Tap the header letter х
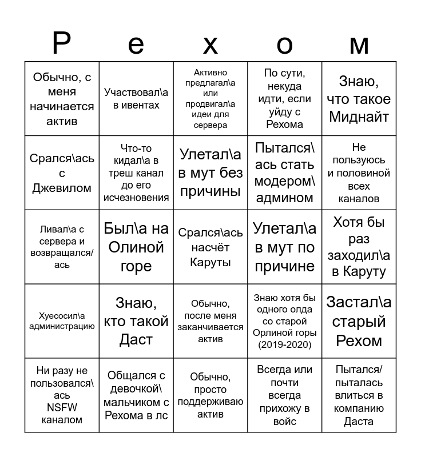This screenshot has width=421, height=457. (x=210, y=45)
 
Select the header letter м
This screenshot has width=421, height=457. (x=359, y=45)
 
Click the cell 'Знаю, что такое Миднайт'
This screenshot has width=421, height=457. (x=359, y=99)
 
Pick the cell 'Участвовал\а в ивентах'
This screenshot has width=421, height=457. (x=136, y=98)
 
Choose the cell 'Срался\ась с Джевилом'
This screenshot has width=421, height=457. (x=62, y=173)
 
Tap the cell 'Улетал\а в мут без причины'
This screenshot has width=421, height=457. (x=210, y=173)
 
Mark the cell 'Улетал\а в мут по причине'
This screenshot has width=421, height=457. (x=284, y=247)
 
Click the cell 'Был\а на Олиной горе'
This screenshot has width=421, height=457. (x=136, y=247)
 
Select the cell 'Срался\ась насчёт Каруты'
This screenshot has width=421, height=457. (x=210, y=247)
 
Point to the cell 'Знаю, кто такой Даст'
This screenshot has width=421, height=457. (x=136, y=321)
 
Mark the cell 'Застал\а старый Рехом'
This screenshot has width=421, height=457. (x=359, y=321)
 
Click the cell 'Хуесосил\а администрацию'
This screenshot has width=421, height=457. (x=62, y=321)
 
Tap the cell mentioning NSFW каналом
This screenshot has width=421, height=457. (x=62, y=395)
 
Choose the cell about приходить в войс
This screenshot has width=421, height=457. (x=284, y=395)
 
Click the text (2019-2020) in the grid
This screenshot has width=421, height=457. (x=284, y=344)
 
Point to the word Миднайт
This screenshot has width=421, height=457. (x=359, y=117)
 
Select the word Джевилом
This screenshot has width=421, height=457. (x=62, y=188)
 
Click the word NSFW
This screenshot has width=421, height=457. (x=62, y=407)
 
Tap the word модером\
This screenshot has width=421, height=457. (x=284, y=182)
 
